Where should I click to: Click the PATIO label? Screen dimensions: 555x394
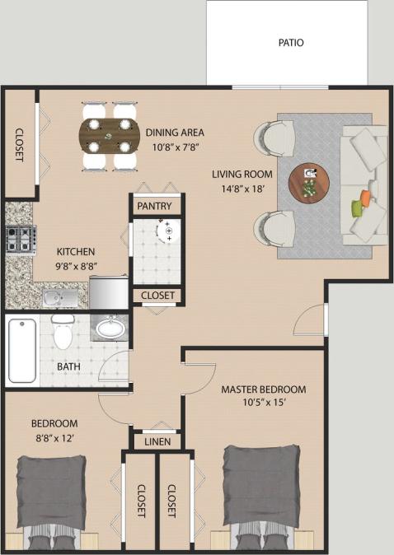pos(290,43)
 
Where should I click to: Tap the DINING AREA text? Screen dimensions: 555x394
pos(175,132)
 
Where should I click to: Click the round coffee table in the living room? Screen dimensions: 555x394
pos(309,181)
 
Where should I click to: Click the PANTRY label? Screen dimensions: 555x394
pos(154,205)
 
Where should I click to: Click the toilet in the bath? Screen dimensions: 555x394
pos(62,331)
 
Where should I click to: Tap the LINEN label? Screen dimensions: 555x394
pos(157,442)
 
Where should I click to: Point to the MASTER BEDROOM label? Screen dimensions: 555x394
pos(264,389)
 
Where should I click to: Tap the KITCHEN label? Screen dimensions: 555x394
pos(76,251)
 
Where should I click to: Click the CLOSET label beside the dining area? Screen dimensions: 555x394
pos(19,145)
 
